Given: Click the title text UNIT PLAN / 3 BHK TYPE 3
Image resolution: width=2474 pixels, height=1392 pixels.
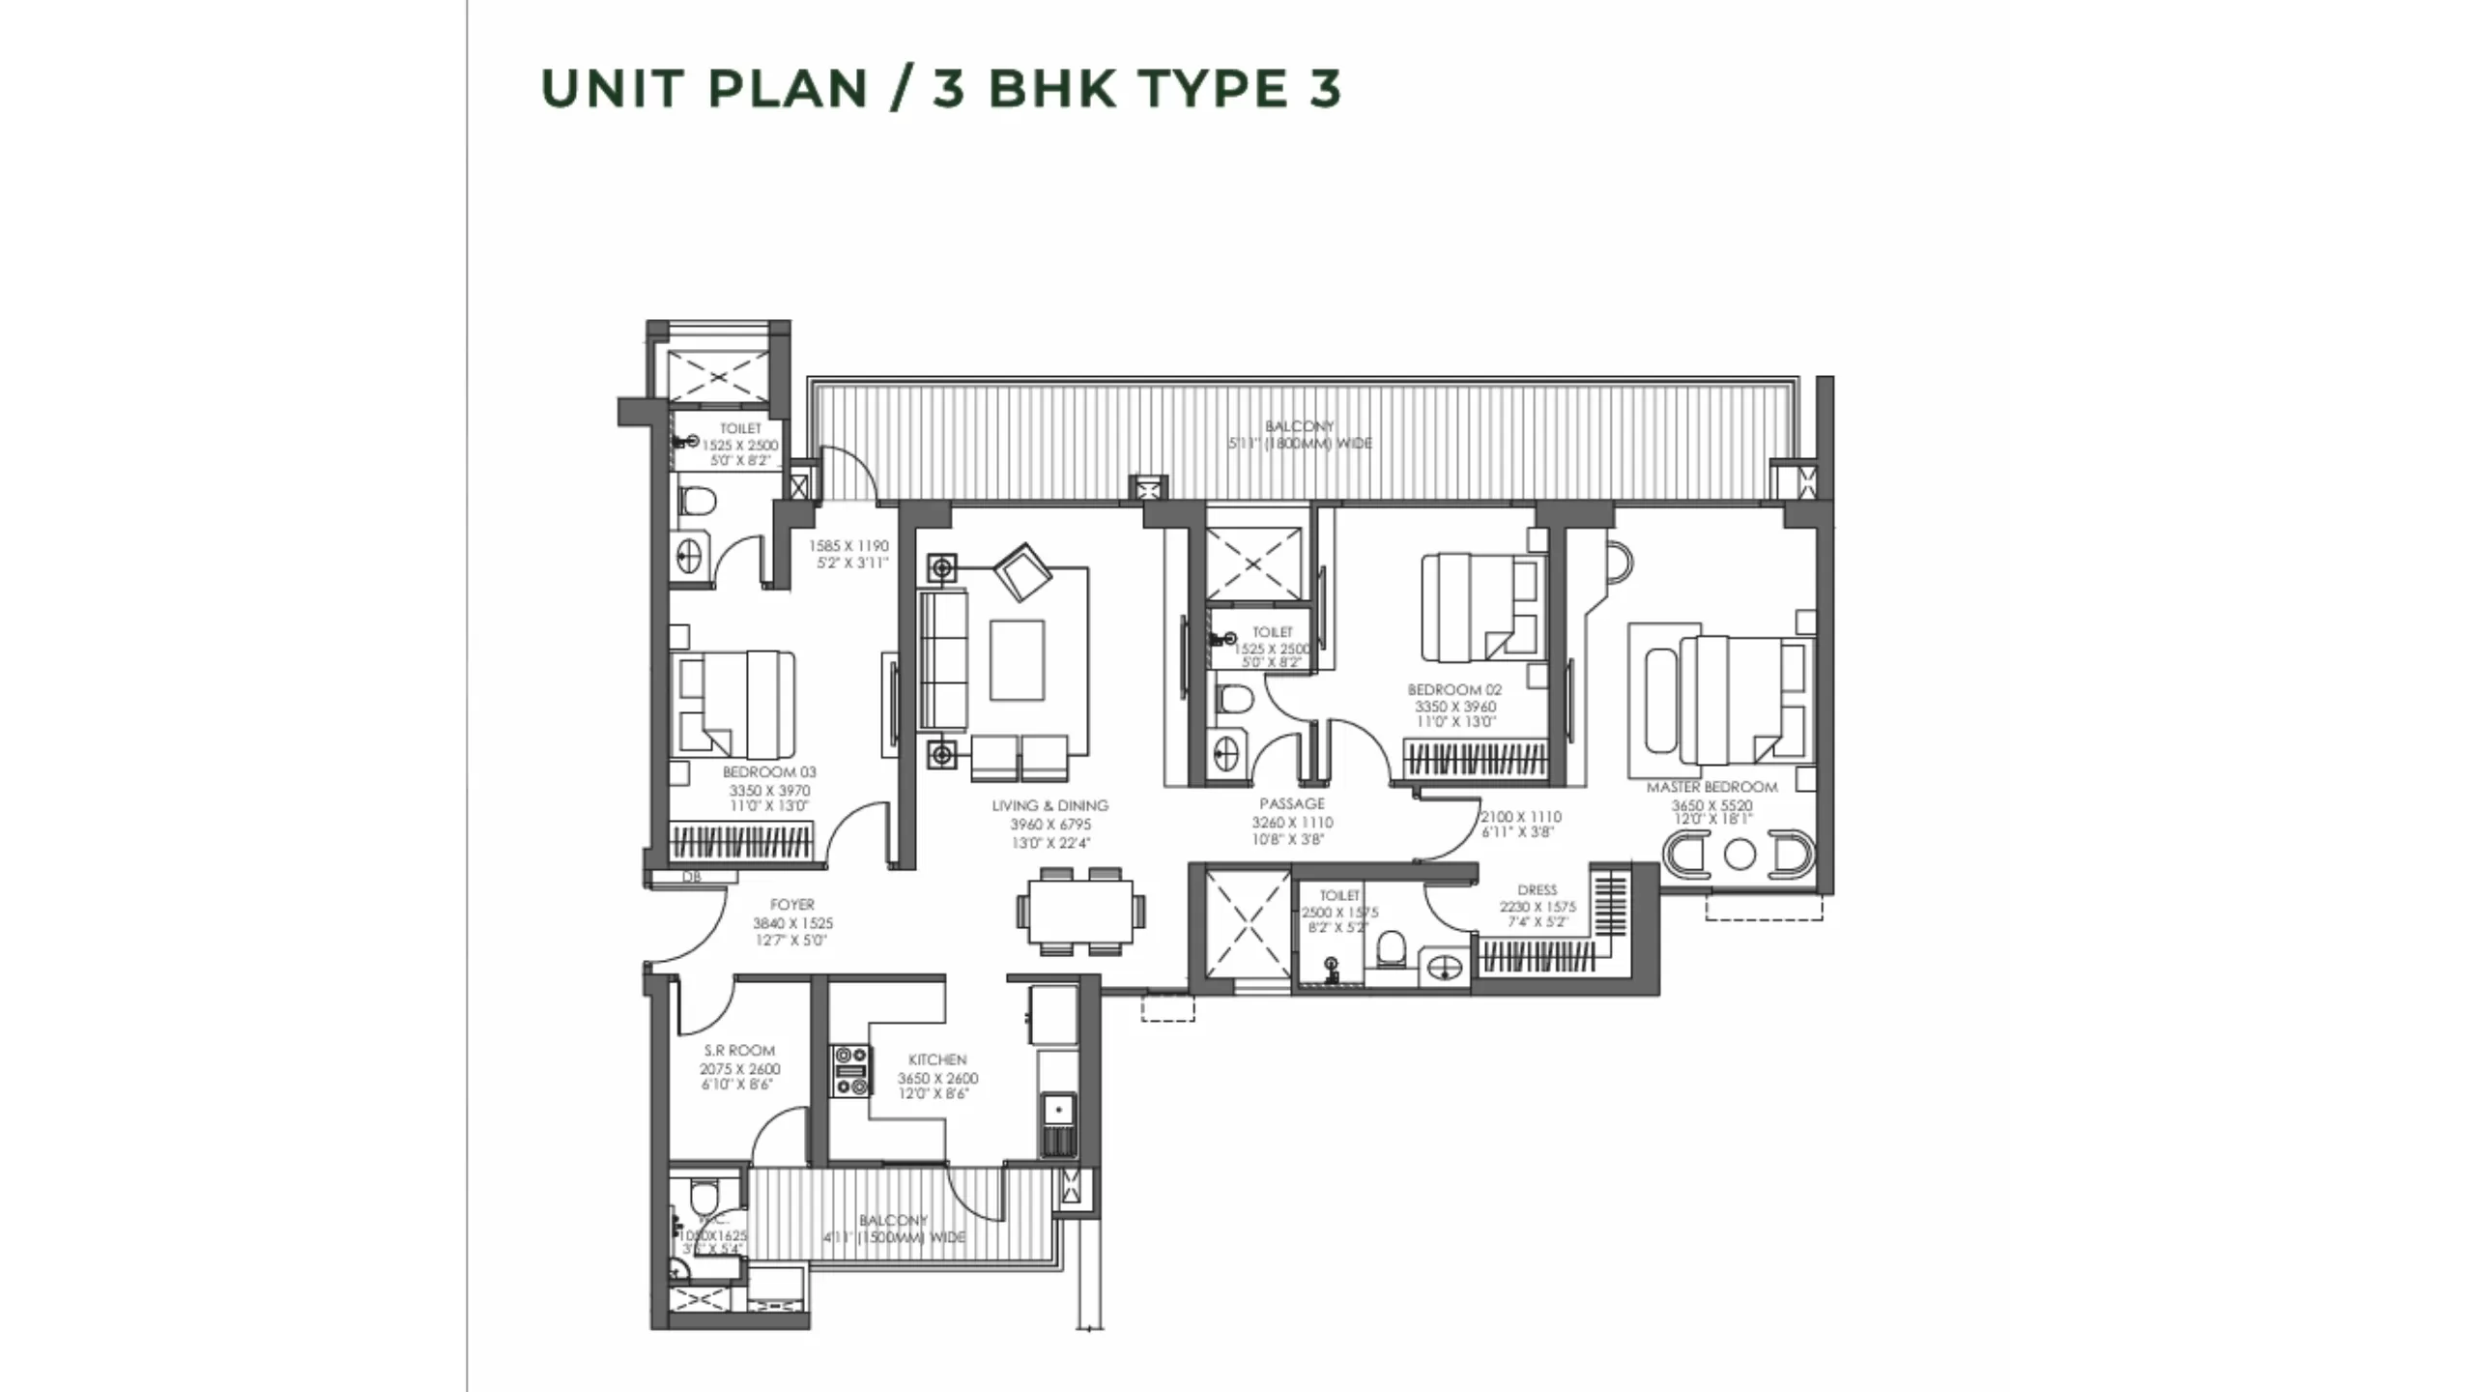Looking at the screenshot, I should (941, 88).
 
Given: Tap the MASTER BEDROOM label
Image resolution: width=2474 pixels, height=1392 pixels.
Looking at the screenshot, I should (1712, 787).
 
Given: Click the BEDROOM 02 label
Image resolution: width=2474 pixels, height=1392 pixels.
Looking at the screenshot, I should (1454, 690).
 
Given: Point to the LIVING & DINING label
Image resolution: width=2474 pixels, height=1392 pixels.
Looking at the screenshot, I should (1050, 805).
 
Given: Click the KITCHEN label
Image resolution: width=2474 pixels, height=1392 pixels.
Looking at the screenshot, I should (937, 1059).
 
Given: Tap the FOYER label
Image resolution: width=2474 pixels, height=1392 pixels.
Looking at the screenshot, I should (792, 905).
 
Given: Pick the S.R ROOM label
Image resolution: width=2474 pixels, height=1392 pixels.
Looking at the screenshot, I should (739, 1050).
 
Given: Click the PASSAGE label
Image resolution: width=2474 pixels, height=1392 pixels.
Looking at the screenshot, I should (1292, 803).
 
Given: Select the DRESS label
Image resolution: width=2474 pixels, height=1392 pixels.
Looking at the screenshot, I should (1537, 890).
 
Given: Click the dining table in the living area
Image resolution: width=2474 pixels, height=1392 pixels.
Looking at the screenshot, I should (1079, 912).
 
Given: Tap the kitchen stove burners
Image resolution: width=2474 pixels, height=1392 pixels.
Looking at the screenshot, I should (851, 1071).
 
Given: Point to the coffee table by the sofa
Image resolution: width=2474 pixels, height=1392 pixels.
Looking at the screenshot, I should (1017, 659).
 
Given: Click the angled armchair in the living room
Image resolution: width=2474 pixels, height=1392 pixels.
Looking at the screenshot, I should (1021, 572).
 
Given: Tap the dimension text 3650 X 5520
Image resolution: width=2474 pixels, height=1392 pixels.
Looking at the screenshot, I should (1712, 805).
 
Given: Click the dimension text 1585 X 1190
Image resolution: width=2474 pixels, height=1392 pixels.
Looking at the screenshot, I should (848, 546).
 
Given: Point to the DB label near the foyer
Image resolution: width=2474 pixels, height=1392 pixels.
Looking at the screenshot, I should (691, 878).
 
